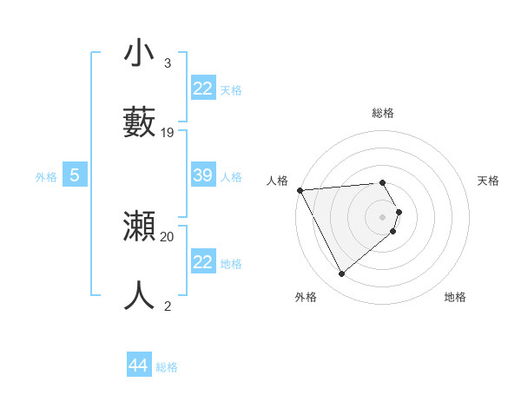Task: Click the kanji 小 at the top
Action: coord(140,54)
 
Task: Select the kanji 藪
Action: coord(140,122)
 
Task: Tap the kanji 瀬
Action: coord(140,227)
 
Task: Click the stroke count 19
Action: coord(168,133)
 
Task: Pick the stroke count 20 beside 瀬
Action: coord(168,236)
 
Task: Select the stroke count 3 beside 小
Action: coord(168,63)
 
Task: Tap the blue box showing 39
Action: coord(203,175)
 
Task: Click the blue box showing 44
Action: coord(139,365)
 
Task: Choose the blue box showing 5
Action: coord(75,175)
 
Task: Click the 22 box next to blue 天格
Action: coord(203,89)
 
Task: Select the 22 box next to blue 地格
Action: coord(203,262)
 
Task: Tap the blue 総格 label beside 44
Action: coord(167,367)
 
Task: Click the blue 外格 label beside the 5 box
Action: coord(46,177)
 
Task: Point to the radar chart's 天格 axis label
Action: coord(488,181)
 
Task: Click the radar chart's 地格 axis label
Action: coord(455,297)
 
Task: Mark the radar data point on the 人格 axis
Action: coord(300,190)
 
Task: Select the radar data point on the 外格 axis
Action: coord(341,274)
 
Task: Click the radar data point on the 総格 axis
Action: coord(382,182)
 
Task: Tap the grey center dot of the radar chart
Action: coord(383,216)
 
